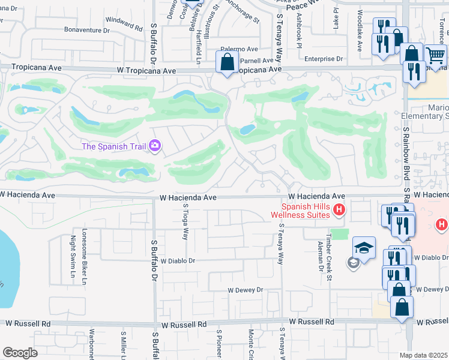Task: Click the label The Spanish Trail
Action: (x=115, y=146)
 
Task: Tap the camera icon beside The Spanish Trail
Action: (x=155, y=146)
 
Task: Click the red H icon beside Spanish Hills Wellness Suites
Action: (x=339, y=209)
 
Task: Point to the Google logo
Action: (x=20, y=353)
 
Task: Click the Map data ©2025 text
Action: (x=424, y=355)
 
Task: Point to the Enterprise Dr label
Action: (x=323, y=59)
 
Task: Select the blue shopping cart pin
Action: (x=436, y=56)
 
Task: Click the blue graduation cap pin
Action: (x=364, y=247)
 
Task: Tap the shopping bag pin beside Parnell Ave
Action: (x=228, y=62)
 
